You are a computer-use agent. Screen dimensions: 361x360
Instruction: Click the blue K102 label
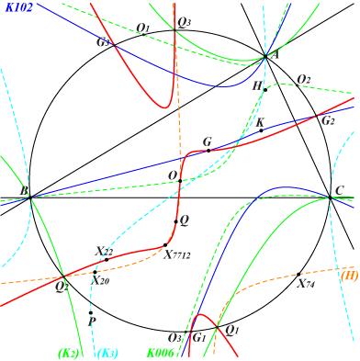coord(19,8)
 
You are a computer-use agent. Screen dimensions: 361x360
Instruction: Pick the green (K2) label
coord(68,352)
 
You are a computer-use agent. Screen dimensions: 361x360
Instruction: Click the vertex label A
coord(271,55)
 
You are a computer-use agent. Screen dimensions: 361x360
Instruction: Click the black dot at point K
coord(261,130)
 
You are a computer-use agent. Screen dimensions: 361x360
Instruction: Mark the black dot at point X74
coord(300,274)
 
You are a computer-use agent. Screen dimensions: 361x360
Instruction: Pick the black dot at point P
coord(90,313)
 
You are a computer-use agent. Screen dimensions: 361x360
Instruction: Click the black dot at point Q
coord(174,220)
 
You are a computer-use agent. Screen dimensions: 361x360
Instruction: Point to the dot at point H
coord(265,89)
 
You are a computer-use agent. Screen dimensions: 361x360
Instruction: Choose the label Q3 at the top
coord(185,21)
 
